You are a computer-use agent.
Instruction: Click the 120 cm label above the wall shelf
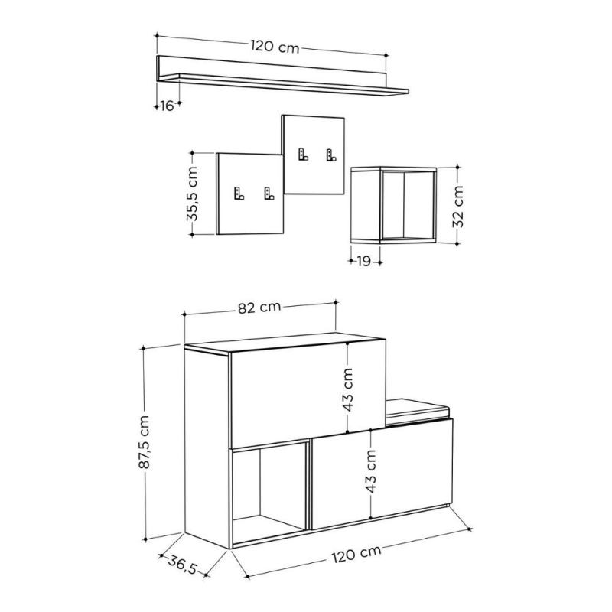[x=274, y=47]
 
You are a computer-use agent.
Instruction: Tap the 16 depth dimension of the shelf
[x=168, y=106]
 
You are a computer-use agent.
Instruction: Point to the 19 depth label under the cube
[x=364, y=262]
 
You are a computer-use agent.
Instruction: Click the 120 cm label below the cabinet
[x=356, y=552]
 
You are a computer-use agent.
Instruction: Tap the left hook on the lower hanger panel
[x=238, y=194]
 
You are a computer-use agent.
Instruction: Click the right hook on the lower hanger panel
[x=269, y=194]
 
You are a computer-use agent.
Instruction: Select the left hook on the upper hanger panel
[x=301, y=154]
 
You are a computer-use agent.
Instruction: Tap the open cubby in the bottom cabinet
[x=268, y=490]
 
